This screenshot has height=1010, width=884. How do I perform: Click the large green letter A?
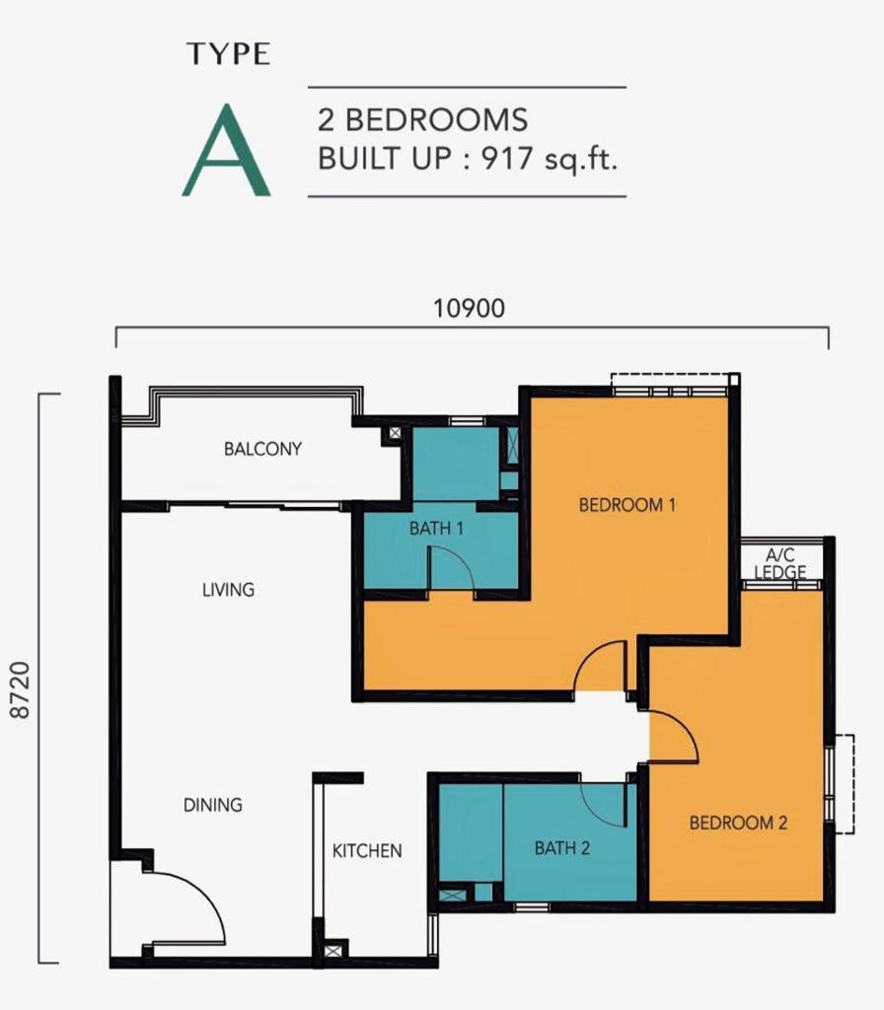tap(226, 150)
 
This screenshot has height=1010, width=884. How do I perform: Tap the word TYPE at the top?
tap(228, 54)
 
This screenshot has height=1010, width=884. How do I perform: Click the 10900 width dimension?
tap(469, 308)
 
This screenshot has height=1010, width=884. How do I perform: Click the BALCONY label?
tap(262, 449)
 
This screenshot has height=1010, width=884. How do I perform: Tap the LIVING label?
tap(228, 590)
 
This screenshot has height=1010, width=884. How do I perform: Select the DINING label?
tap(213, 805)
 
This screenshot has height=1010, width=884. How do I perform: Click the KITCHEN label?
tap(367, 851)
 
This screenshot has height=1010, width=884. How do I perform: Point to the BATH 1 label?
tap(436, 529)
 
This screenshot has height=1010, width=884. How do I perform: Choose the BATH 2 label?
tap(561, 847)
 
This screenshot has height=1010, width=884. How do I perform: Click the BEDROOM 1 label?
tap(626, 504)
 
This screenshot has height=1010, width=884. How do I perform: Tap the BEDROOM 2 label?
tap(738, 823)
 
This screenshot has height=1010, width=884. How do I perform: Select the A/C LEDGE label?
tap(780, 563)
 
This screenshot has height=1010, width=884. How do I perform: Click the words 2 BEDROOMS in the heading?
tap(422, 119)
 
